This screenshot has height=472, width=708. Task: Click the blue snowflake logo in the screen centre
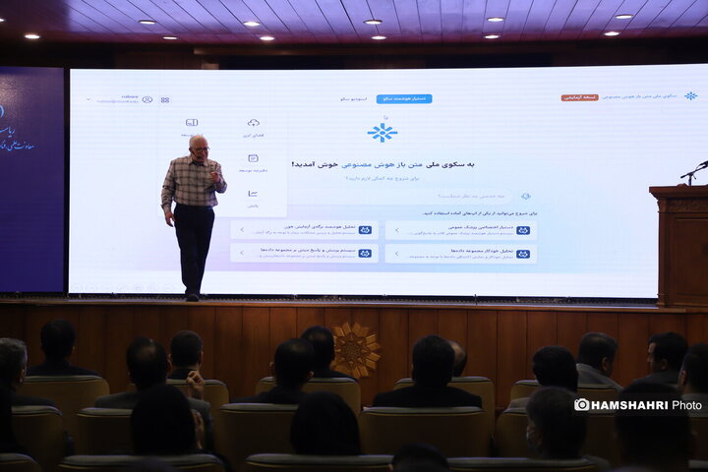point(382,133)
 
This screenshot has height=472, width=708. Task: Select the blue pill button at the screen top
point(403,98)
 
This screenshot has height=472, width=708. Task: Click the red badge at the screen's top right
point(579,97)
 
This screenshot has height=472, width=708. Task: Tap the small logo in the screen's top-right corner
point(690,96)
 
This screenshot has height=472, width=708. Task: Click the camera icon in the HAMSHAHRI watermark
point(582,404)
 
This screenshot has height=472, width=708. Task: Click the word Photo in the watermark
point(686,404)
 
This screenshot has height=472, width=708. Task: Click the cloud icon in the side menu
point(253,123)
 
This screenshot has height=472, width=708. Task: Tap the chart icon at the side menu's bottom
point(253,194)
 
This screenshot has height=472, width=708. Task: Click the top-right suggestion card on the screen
point(460,230)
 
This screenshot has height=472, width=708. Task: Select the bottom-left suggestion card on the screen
point(305,253)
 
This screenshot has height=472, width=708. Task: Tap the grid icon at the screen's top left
point(165,99)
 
